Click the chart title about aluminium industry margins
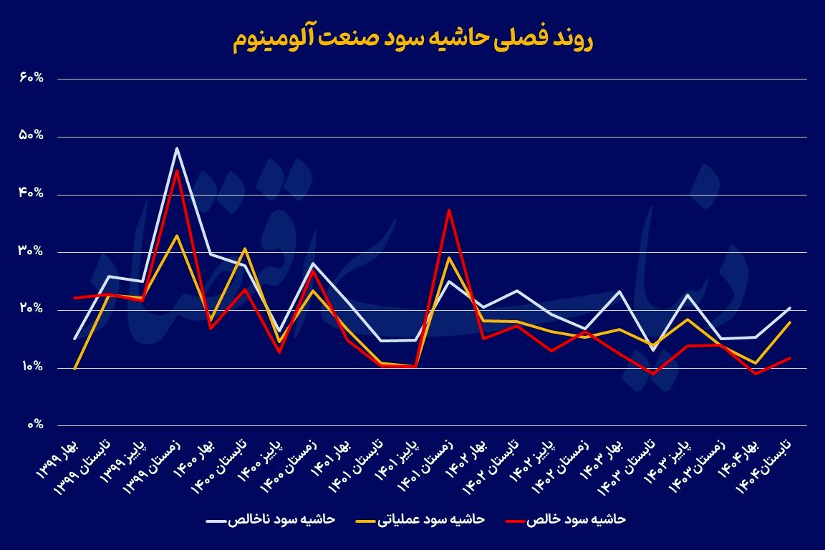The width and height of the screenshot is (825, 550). click(412, 40)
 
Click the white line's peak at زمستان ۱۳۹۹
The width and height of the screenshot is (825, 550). click(176, 148)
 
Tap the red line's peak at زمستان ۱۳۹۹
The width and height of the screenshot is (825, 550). click(176, 170)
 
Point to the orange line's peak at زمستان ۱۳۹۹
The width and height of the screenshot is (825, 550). click(176, 235)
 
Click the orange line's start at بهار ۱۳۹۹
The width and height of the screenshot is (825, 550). click(74, 369)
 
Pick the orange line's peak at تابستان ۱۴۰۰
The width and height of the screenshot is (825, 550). click(245, 249)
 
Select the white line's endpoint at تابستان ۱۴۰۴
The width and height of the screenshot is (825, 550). click(790, 308)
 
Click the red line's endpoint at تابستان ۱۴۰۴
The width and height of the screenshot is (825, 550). click(790, 357)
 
